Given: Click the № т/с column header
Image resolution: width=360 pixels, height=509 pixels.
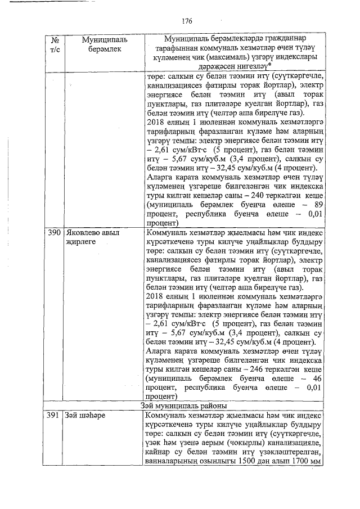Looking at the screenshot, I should coord(55,44).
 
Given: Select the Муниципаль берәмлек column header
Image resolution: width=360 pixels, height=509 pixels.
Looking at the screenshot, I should coord(105,44).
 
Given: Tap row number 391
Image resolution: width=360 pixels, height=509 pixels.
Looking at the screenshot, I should coord(54,416).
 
